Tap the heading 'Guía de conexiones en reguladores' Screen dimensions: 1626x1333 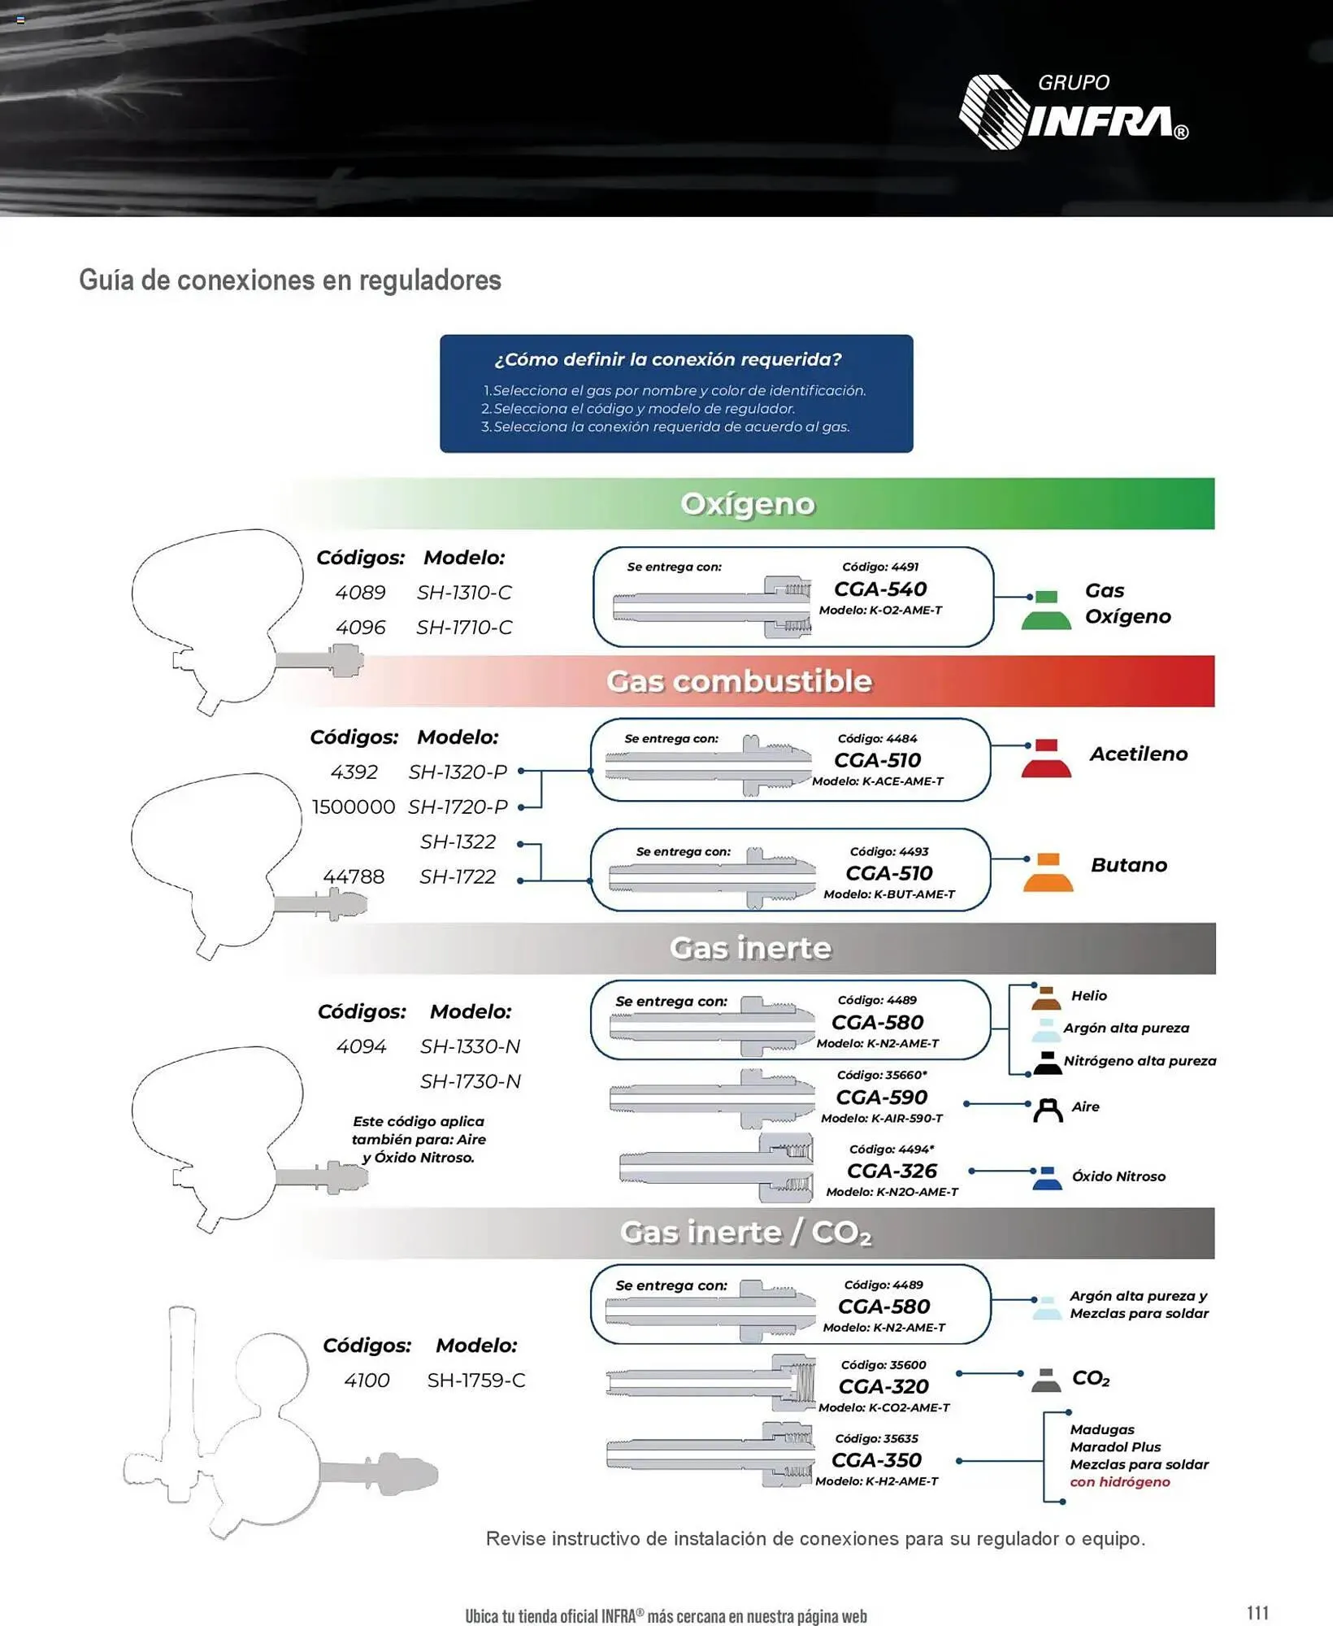[x=289, y=280]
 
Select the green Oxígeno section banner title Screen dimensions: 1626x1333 [x=747, y=504]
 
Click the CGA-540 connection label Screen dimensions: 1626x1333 [x=880, y=589]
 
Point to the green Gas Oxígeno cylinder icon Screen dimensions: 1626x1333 [x=1046, y=611]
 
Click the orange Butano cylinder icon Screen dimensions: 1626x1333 [x=1048, y=872]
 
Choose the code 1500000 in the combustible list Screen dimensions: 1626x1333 [x=354, y=807]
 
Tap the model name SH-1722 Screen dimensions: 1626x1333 [x=458, y=877]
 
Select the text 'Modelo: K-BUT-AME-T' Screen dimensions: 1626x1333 [x=889, y=894]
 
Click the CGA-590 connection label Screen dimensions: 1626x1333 [x=882, y=1098]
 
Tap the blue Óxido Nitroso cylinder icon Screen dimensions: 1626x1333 [x=1047, y=1178]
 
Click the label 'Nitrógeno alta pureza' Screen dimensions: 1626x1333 [x=1140, y=1061]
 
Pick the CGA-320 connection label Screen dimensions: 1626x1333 [x=884, y=1386]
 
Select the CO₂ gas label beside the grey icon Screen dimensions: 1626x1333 [x=1091, y=1379]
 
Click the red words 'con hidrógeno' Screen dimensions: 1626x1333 [x=1120, y=1482]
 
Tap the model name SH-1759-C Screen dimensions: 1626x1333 [x=476, y=1380]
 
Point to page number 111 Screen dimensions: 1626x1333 [x=1257, y=1613]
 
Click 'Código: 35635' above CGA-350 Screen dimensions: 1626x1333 [x=876, y=1438]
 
